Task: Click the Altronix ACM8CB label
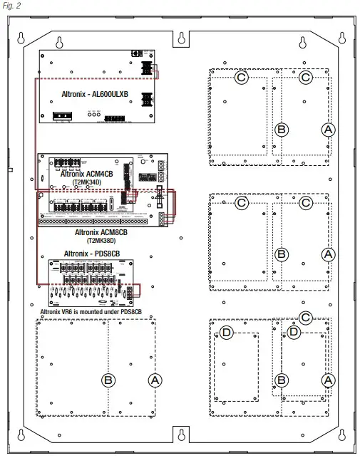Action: point(101,232)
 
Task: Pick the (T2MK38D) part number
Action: point(102,241)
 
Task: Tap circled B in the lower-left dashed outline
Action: point(108,380)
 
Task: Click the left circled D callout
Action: point(226,333)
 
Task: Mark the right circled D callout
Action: point(293,333)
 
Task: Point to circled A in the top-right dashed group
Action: point(328,129)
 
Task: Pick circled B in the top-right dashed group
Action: point(282,129)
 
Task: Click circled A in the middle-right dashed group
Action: point(328,254)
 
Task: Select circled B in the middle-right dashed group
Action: point(282,254)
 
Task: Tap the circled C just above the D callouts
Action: point(306,318)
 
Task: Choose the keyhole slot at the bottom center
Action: point(182,434)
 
